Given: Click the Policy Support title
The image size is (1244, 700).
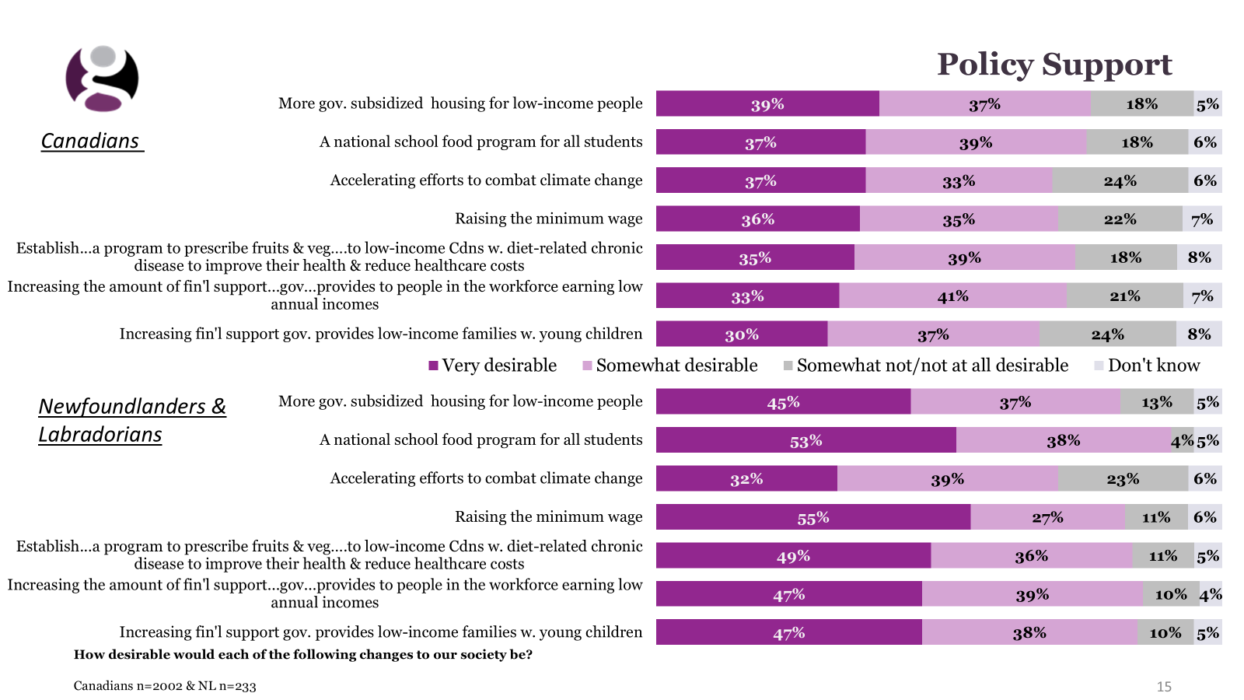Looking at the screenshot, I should (1054, 65).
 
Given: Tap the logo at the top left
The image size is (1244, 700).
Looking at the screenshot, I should (102, 79).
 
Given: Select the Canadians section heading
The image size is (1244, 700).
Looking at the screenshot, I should (90, 141).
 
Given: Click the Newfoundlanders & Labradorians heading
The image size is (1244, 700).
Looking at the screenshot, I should (131, 420).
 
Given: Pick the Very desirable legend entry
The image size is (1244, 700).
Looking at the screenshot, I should (492, 366).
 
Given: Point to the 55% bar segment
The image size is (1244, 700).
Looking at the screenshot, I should (813, 517).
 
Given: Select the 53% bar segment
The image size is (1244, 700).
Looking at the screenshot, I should (805, 440).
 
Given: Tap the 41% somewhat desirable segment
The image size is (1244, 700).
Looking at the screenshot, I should (952, 296).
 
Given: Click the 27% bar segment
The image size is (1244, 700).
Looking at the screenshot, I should (1047, 517).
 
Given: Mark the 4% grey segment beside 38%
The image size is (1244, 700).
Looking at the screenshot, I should (1182, 440).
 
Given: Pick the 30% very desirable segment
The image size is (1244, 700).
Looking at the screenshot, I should (742, 334).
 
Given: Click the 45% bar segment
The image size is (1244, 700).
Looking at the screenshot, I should (783, 402).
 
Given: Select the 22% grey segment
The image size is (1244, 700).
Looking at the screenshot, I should (1120, 219).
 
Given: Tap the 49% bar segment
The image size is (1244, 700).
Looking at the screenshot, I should (793, 556).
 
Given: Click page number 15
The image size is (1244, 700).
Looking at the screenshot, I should (1164, 686).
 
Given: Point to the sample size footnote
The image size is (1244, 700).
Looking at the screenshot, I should (165, 686).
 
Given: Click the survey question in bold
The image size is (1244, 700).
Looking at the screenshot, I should (303, 654).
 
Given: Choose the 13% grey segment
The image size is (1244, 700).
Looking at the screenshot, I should (1157, 402).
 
